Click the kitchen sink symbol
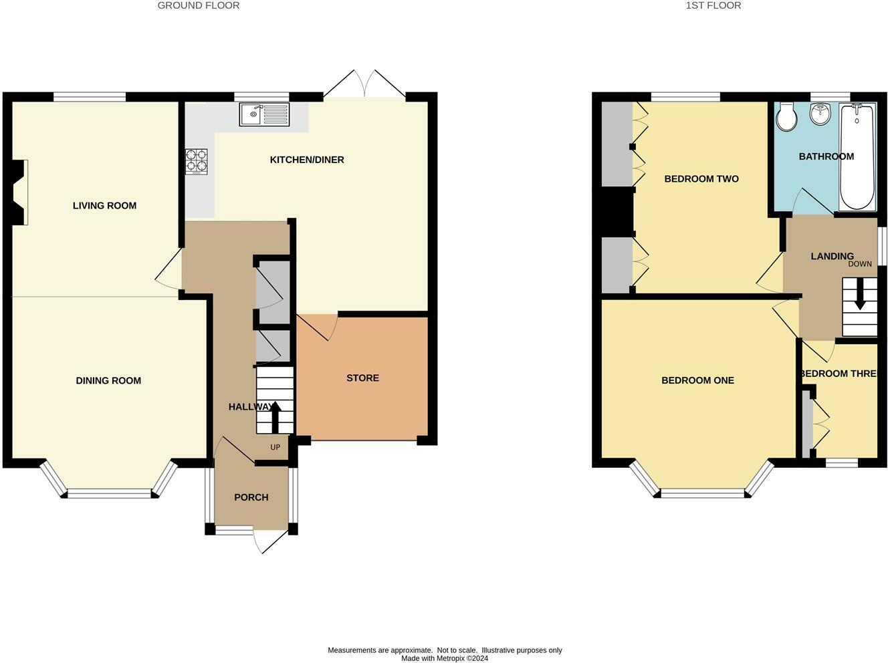(264, 115)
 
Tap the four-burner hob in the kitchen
(196, 161)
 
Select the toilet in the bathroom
(786, 118)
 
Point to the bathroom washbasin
(820, 114)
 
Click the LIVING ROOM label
(104, 205)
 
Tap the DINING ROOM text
(108, 380)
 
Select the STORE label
(362, 378)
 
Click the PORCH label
(251, 497)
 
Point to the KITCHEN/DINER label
(307, 160)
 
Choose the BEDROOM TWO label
(701, 178)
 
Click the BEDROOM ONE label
(697, 380)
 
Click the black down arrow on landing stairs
(860, 294)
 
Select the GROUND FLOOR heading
(199, 5)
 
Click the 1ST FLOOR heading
(713, 5)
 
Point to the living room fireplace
(19, 192)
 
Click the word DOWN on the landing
(860, 264)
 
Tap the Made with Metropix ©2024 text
(445, 658)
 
